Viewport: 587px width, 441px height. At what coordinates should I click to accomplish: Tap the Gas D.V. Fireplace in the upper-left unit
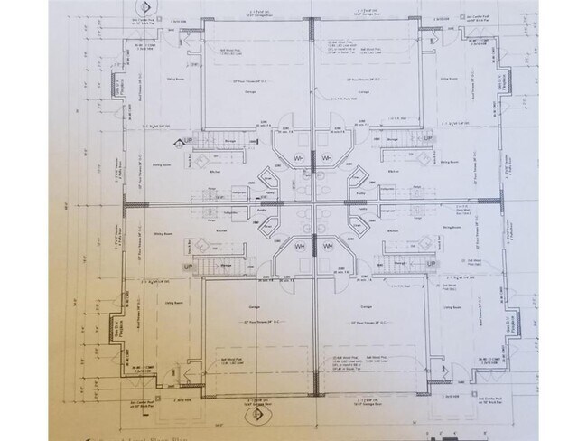[116, 89]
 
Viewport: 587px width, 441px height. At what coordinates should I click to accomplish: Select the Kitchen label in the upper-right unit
[394, 170]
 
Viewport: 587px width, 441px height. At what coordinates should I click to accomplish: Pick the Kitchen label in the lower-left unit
[217, 233]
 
